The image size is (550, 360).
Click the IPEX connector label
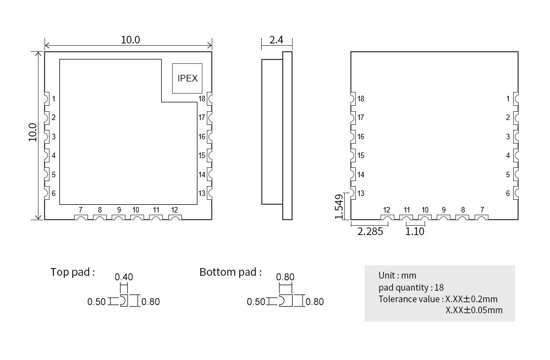pos(188,78)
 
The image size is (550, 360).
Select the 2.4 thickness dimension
pos(276,40)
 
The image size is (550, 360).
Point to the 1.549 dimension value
pos(339,207)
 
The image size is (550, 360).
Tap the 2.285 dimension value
pos(370,231)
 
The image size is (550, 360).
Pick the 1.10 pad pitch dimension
pos(415,231)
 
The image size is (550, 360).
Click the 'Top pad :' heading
pos(73,272)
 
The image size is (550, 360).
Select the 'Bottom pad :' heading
pos(230,272)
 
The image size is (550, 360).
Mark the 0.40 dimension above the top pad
pos(124,277)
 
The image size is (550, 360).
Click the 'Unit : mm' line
pos(398,276)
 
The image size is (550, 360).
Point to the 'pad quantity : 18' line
pos(411,288)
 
